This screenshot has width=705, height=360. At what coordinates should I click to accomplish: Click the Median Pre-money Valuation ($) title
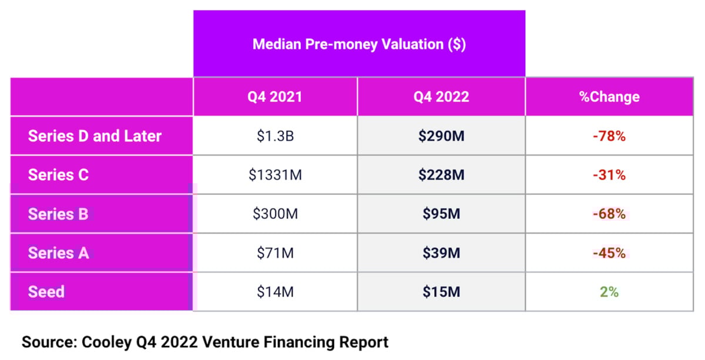coord(359,45)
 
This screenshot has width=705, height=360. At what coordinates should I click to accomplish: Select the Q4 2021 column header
coord(274,97)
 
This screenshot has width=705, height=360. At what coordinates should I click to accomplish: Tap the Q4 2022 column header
coord(441,97)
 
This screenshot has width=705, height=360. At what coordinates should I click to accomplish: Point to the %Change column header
coord(609,97)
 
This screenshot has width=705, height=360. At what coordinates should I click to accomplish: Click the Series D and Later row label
coord(95,136)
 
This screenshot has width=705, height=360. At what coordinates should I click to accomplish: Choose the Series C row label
coord(58,175)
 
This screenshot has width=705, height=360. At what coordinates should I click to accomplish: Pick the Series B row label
coord(58,214)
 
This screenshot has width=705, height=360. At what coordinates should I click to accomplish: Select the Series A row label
coord(58,253)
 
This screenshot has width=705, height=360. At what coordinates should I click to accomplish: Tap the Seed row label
coord(46,291)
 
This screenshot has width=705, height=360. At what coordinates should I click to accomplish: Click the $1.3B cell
coord(275,136)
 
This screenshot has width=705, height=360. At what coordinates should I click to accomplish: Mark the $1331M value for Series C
coord(275,175)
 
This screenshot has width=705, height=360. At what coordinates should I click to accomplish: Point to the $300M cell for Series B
coord(275,214)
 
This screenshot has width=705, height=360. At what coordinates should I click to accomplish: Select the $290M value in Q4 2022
coord(441,136)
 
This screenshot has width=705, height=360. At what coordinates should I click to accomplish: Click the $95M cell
coord(441,214)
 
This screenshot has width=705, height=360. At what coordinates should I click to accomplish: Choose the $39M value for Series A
coord(441,253)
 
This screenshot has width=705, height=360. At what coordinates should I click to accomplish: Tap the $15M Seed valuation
coord(441,291)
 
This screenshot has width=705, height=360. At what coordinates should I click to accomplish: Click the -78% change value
coord(609,136)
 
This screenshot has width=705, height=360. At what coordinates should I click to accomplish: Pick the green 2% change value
coord(609,291)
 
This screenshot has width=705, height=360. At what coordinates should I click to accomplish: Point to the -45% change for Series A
coord(609,253)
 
